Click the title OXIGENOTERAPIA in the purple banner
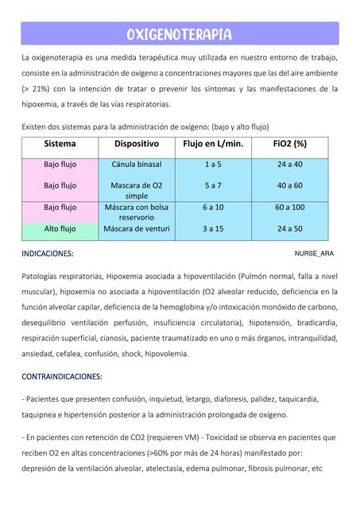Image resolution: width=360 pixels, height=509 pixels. click(x=179, y=34)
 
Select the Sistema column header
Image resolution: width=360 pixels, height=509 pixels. click(x=60, y=144)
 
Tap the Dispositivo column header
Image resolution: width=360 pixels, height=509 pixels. click(x=137, y=144)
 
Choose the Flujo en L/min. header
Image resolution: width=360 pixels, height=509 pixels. click(x=212, y=144)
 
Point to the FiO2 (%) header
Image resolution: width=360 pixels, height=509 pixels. click(x=289, y=144)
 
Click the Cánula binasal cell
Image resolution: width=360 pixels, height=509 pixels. click(x=137, y=165)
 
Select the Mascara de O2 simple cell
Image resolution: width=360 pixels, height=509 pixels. click(x=137, y=190)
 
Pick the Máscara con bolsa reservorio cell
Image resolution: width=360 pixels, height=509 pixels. click(x=137, y=212)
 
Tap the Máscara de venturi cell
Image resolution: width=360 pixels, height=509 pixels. click(x=137, y=229)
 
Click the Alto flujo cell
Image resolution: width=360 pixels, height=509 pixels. click(x=60, y=229)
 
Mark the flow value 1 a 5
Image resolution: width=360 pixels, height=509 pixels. click(x=212, y=165)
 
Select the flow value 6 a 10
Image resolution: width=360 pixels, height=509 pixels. click(x=212, y=208)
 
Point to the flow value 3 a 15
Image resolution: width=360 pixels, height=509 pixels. click(x=212, y=229)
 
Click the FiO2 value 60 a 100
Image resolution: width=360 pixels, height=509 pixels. click(x=289, y=208)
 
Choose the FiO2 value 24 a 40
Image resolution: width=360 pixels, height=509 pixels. click(x=289, y=165)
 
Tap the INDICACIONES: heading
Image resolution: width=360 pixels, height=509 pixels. click(x=48, y=254)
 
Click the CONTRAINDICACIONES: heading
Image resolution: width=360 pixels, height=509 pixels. click(x=62, y=376)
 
